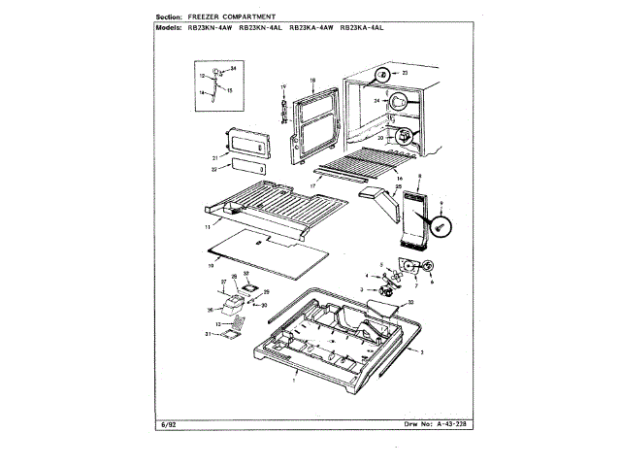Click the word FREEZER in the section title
coord(212,17)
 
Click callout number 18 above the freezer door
coord(313,80)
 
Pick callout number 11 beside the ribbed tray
coord(207,225)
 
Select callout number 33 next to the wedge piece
coord(410,303)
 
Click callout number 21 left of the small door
coord(214,157)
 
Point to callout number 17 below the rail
coord(313,184)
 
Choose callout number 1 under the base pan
coord(294,382)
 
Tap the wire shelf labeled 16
coord(369,160)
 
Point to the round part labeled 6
coord(429,267)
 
